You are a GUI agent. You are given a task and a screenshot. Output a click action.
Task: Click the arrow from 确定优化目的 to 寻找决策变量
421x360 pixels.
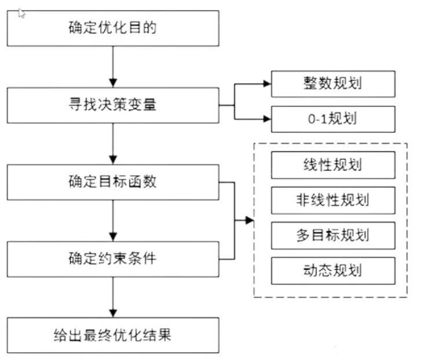tap(113, 66)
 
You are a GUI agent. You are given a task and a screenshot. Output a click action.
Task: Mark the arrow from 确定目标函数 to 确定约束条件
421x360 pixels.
tap(113, 221)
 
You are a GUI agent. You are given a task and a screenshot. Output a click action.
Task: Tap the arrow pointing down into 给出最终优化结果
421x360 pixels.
tap(113, 297)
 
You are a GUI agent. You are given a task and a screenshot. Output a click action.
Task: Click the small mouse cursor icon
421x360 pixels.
tap(21, 14)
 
